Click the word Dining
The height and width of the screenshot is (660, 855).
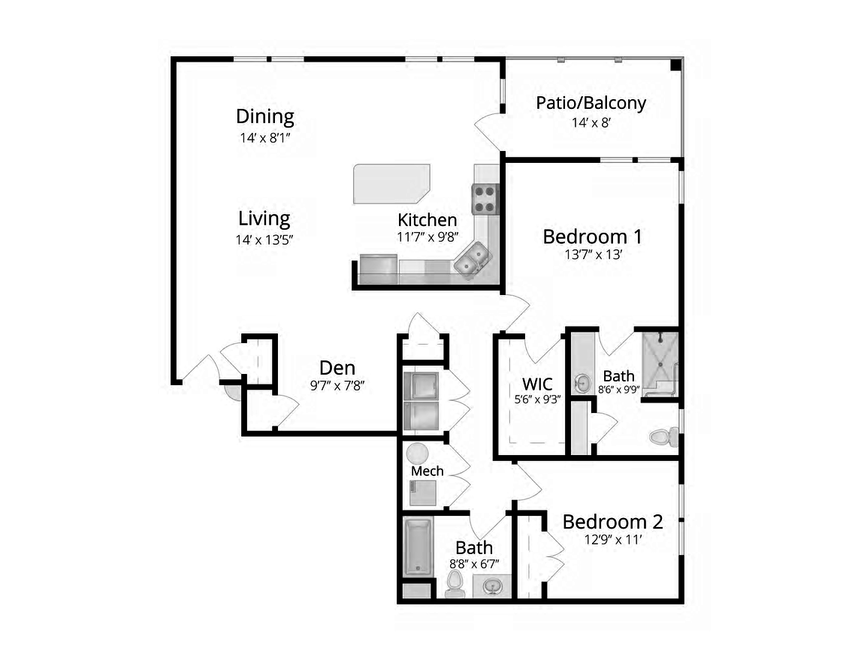(x=264, y=117)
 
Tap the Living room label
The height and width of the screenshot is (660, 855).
(x=264, y=218)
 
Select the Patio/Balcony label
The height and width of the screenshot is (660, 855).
(x=591, y=103)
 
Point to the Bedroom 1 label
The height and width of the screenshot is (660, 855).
(x=592, y=237)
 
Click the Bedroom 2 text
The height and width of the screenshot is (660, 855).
(x=612, y=521)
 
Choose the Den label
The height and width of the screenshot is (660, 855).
(x=337, y=368)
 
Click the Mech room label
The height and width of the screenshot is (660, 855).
(x=427, y=471)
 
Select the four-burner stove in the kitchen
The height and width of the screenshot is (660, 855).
(x=485, y=199)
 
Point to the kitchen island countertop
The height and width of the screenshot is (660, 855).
(x=391, y=182)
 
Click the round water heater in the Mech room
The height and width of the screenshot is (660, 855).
(x=417, y=454)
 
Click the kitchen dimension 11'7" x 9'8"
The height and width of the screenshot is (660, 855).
(x=427, y=237)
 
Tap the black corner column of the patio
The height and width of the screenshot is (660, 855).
(x=675, y=65)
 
